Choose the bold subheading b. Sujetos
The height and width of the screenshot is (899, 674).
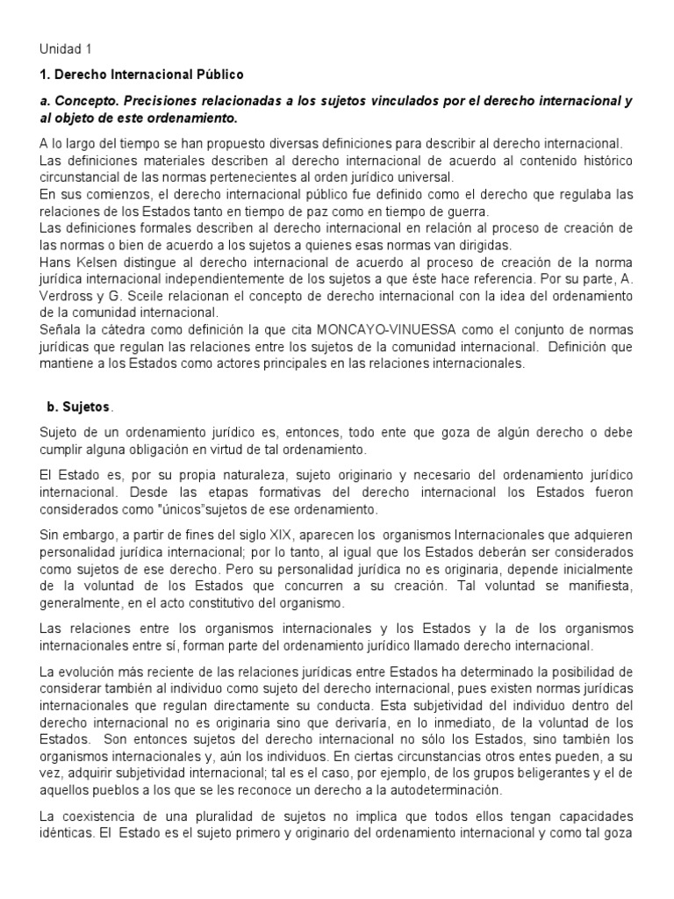[x=78, y=407]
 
